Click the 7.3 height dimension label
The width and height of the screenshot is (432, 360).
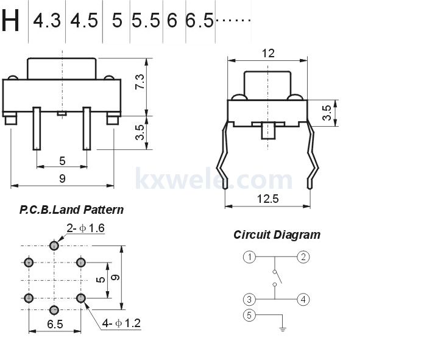pyautogui.click(x=140, y=82)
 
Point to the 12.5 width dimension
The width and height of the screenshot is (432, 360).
pyautogui.click(x=268, y=199)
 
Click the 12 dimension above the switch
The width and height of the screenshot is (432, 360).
pyautogui.click(x=268, y=54)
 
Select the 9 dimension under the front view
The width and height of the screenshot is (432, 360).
pyautogui.click(x=62, y=178)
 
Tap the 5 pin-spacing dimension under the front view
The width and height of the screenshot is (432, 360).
pyautogui.click(x=62, y=161)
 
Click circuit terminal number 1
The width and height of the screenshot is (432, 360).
pyautogui.click(x=249, y=256)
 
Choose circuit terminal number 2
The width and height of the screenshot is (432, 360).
pyautogui.click(x=303, y=256)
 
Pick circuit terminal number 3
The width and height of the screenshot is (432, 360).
pyautogui.click(x=249, y=299)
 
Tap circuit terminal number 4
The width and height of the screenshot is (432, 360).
pyautogui.click(x=303, y=299)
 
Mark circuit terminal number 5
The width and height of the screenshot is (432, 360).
pyautogui.click(x=249, y=315)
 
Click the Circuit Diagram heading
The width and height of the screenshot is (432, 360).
pyautogui.click(x=277, y=235)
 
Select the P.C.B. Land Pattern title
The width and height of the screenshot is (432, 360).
pyautogui.click(x=71, y=210)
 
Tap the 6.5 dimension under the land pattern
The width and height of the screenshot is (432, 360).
pyautogui.click(x=55, y=324)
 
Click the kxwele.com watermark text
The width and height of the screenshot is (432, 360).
pyautogui.click(x=213, y=180)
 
